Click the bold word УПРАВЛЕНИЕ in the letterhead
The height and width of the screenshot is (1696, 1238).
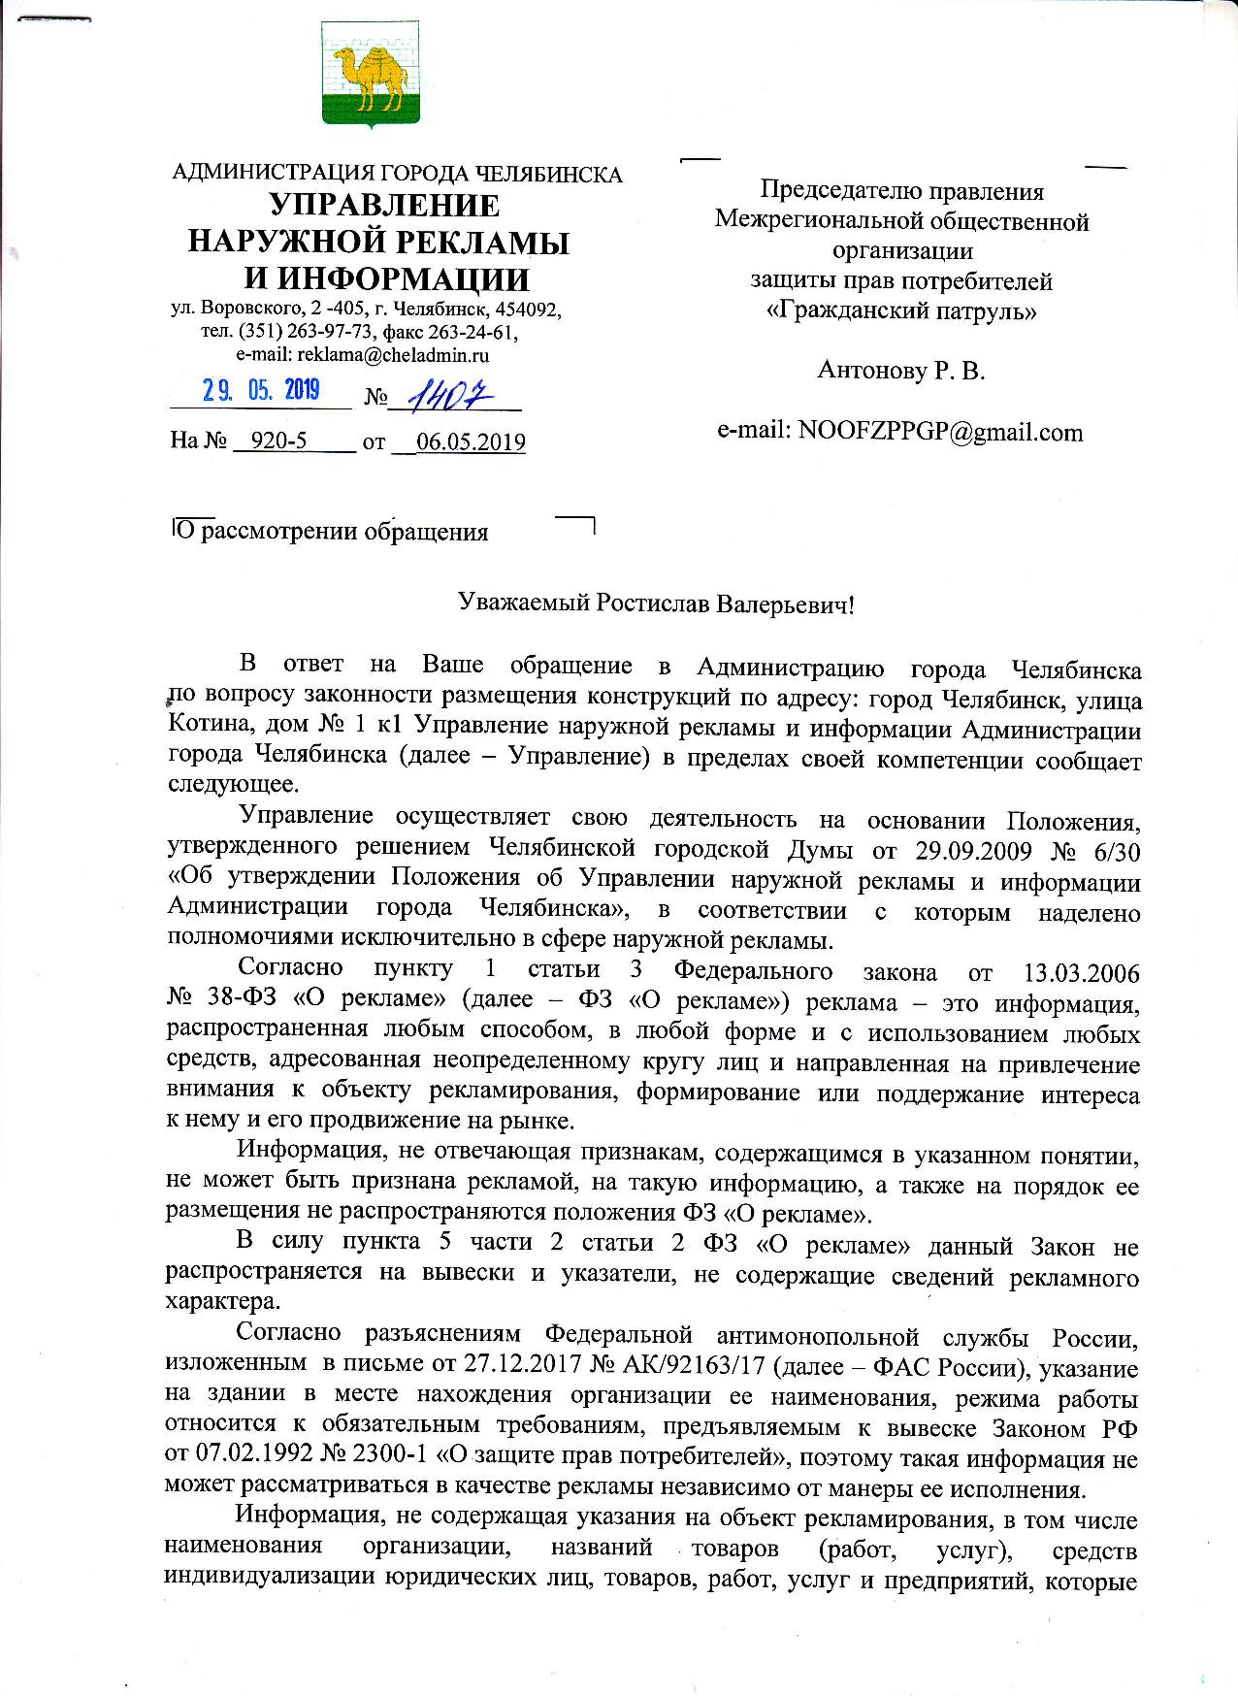point(384,206)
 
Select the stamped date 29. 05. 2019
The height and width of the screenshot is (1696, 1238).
point(260,391)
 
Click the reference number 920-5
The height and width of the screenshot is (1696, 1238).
point(278,442)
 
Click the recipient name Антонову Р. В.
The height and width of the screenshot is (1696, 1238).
point(901,370)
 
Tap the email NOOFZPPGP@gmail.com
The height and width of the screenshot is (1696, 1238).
point(939,432)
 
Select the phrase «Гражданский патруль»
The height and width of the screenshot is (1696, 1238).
point(901,311)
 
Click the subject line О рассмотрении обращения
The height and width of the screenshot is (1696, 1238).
point(330,532)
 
